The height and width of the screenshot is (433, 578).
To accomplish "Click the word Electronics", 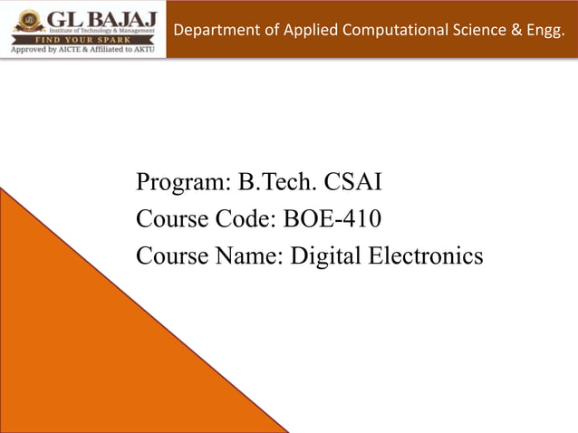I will (x=424, y=256).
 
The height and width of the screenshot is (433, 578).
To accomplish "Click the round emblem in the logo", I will (x=27, y=20).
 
